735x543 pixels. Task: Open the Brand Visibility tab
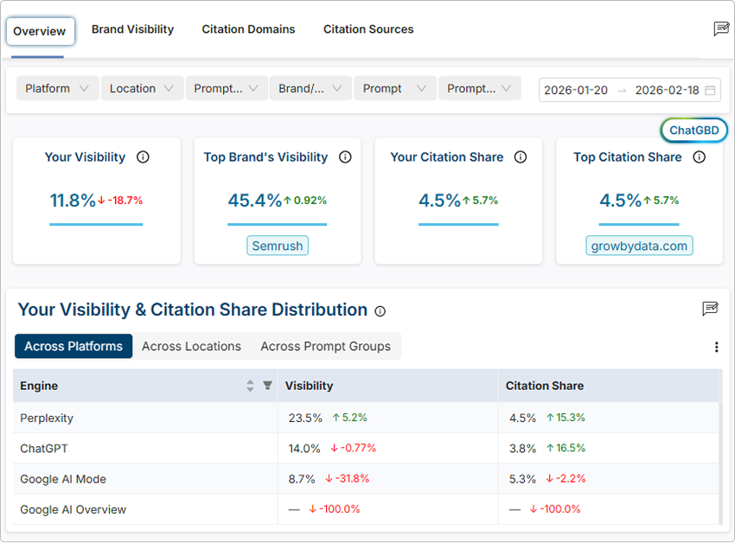132,29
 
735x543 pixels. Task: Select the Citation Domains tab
248,29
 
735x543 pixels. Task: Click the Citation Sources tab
368,29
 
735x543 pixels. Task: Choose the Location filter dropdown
141,88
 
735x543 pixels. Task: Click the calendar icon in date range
710,90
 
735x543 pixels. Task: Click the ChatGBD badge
694,131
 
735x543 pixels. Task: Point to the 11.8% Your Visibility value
73,201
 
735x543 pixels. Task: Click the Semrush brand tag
277,246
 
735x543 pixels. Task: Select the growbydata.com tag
639,246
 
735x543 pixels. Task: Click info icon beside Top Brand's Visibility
345,157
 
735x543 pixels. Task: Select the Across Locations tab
191,346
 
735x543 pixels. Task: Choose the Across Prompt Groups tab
325,346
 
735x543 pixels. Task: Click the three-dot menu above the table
716,347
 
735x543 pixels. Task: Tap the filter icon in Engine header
267,386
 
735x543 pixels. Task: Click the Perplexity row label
47,418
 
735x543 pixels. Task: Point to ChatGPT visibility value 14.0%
304,448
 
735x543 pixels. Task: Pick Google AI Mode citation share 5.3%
522,478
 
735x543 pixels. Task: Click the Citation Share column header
545,386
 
